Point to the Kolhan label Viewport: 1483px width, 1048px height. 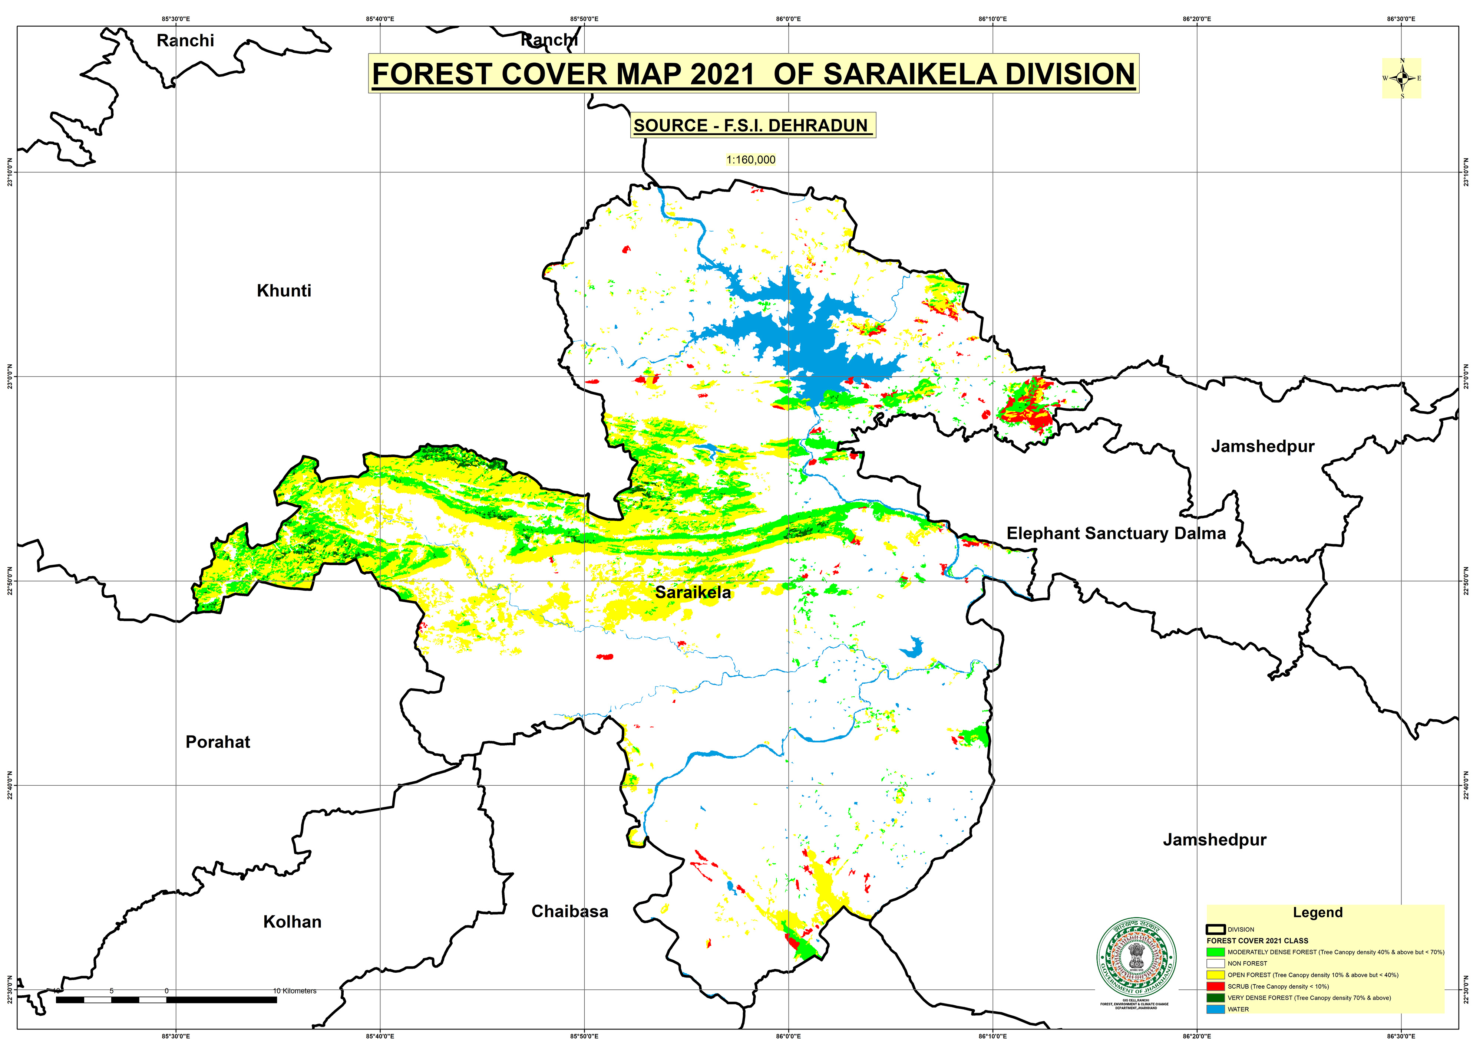(x=292, y=921)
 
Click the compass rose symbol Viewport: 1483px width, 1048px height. (x=1401, y=78)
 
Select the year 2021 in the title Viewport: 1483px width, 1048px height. (x=721, y=74)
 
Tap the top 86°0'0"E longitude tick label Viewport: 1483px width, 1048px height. (x=788, y=19)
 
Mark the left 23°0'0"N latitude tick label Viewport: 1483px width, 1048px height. (x=9, y=376)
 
